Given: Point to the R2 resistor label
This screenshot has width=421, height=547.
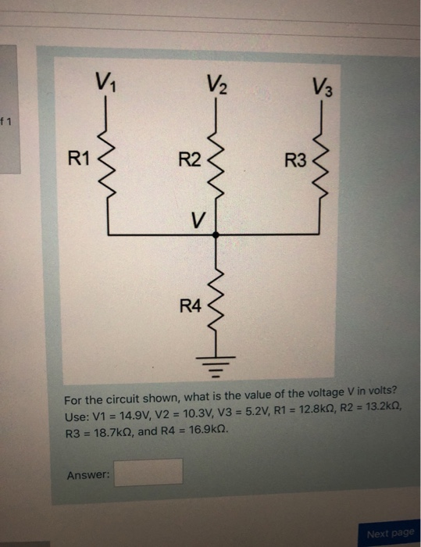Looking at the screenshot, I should (189, 162).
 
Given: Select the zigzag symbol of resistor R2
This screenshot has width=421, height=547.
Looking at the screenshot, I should (216, 164).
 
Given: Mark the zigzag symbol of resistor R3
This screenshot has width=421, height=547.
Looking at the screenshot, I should (321, 166).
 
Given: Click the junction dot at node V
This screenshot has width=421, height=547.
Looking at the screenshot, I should (216, 234).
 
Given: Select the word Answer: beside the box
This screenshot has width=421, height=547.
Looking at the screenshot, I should (88, 474).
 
